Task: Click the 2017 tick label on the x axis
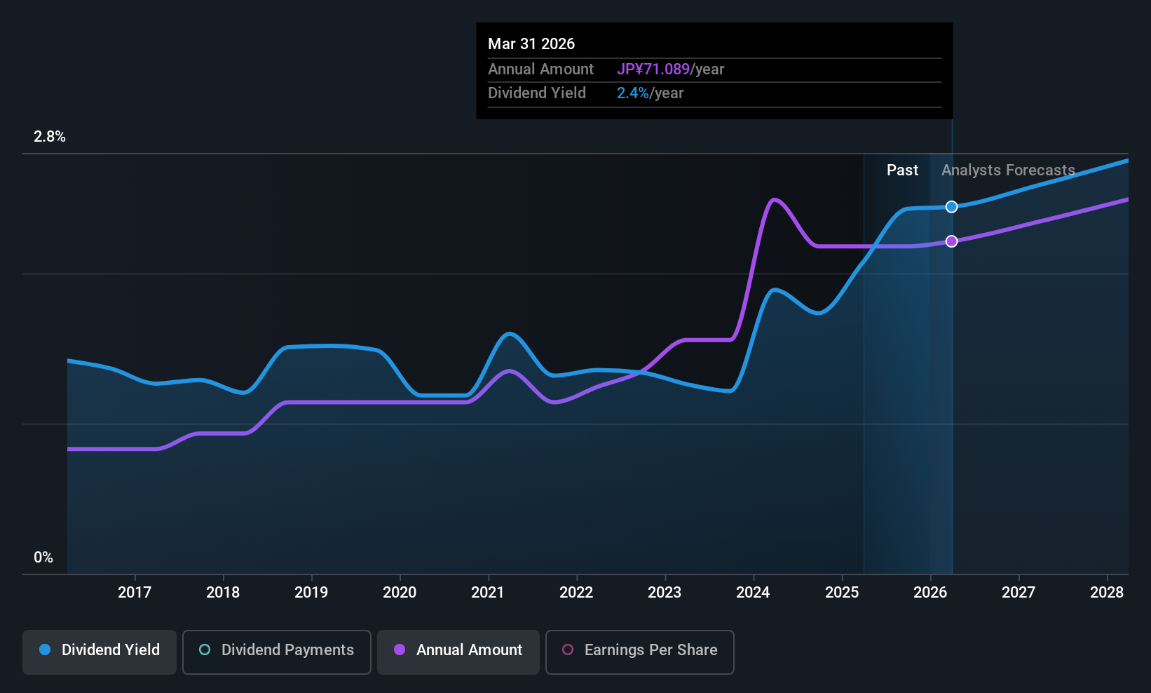[x=135, y=592]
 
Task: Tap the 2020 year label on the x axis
[x=400, y=592]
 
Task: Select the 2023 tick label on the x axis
[x=665, y=592]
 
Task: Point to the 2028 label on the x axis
[x=1107, y=592]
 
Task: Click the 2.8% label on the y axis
[x=50, y=137]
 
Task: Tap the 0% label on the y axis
[x=43, y=558]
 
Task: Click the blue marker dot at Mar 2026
[x=952, y=207]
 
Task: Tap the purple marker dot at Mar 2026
[x=952, y=241]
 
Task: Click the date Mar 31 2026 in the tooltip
[x=531, y=43]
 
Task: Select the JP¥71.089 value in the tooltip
[x=653, y=69]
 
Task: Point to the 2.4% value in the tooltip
[x=632, y=93]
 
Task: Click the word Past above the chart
[x=902, y=170]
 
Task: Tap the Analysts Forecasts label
[x=1008, y=170]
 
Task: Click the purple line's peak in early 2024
[x=774, y=199]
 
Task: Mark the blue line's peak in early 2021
[x=509, y=334]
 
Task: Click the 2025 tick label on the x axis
[x=842, y=592]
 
